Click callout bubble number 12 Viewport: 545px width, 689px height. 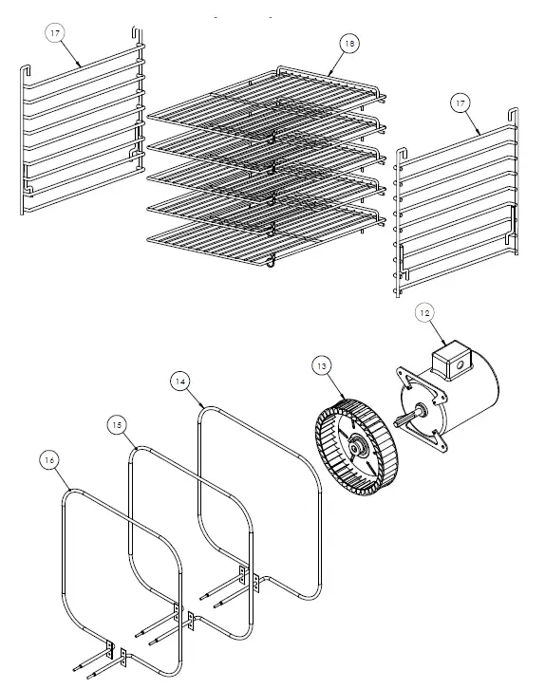424,313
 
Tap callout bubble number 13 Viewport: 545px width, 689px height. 322,366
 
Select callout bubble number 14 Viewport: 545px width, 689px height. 180,382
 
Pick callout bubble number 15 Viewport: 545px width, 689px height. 117,425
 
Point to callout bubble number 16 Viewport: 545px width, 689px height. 49,460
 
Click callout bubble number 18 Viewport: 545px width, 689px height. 349,44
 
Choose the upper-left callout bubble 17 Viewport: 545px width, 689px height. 55,33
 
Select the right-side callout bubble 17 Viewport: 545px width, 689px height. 460,103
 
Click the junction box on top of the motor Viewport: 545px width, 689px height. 450,360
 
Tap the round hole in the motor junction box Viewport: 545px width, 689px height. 460,364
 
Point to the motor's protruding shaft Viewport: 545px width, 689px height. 409,416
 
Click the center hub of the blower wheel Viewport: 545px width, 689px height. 355,448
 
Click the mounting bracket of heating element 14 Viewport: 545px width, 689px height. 249,579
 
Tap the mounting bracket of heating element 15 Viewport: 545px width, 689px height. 184,616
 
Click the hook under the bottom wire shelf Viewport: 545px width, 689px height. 272,263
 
